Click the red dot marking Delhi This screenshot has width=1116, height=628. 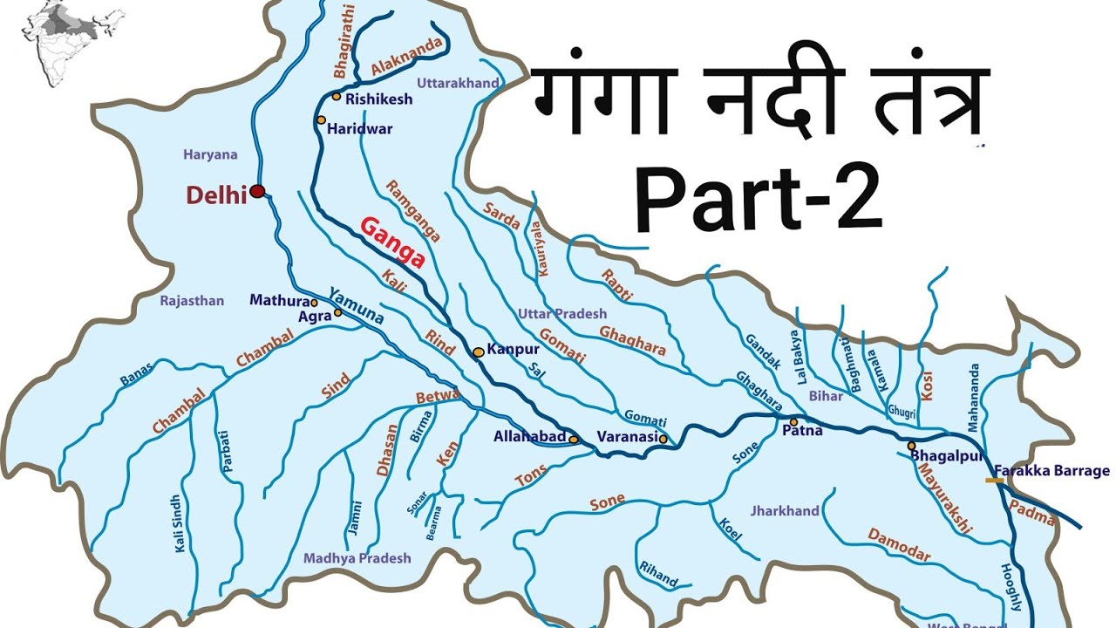tap(257, 191)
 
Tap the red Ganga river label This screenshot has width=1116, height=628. tap(392, 242)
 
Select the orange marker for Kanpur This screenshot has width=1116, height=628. tap(478, 352)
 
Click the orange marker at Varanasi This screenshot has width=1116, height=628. tap(663, 440)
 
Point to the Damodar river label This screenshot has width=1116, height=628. tap(899, 544)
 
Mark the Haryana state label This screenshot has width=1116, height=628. tap(210, 154)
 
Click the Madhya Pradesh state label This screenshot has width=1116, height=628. tap(357, 558)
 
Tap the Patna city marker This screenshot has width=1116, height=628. tap(793, 419)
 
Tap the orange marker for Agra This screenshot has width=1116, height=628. tap(337, 312)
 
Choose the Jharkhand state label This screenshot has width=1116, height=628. tap(785, 511)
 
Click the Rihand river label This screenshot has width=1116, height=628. tap(658, 573)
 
